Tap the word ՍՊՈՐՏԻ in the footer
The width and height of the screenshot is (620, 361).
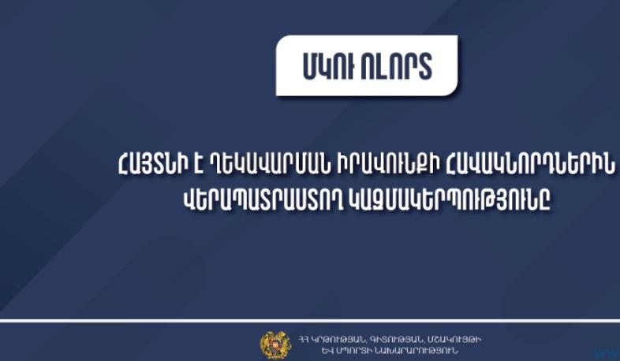pos(331,349)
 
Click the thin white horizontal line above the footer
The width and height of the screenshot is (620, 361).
pos(310,321)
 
